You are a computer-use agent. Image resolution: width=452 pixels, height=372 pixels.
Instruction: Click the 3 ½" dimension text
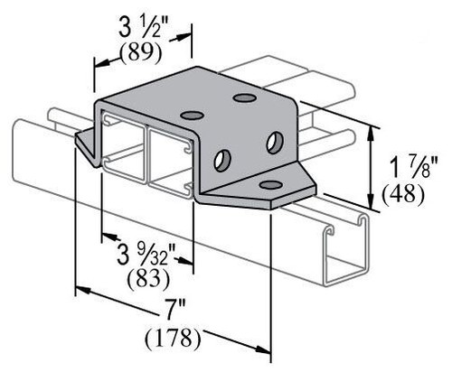pos(140,24)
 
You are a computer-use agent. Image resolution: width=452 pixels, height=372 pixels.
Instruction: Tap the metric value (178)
pos(173,340)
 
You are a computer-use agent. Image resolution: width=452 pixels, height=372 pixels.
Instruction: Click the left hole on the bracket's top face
pos(192,115)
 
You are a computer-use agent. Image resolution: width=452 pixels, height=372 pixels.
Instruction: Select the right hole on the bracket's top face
pos(243,98)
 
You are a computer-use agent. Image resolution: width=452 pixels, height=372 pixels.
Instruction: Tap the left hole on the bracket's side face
pos(221,160)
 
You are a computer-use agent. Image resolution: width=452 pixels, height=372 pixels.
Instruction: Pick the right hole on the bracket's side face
pos(274,142)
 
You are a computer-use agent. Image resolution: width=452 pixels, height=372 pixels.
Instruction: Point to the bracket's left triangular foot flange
pos(86,143)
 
